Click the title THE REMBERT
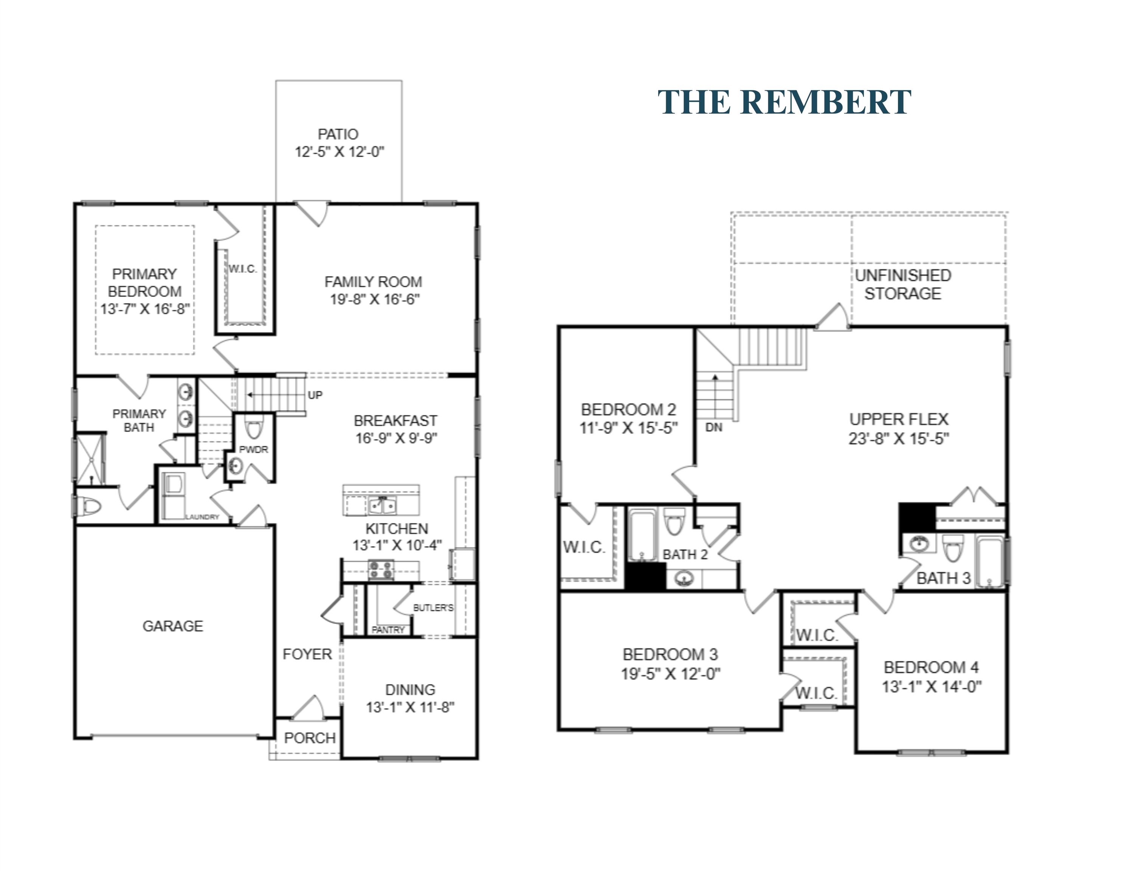point(784,102)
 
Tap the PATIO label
point(338,134)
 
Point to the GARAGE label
point(173,626)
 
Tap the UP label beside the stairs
point(315,395)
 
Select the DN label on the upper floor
point(714,427)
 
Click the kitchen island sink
point(382,506)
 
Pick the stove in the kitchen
point(381,570)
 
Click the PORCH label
point(310,738)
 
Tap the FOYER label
point(307,654)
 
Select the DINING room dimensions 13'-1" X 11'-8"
point(410,707)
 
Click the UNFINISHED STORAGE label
point(903,284)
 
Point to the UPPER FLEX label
point(899,419)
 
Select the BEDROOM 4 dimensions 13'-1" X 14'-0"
point(932,687)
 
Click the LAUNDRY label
point(202,516)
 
